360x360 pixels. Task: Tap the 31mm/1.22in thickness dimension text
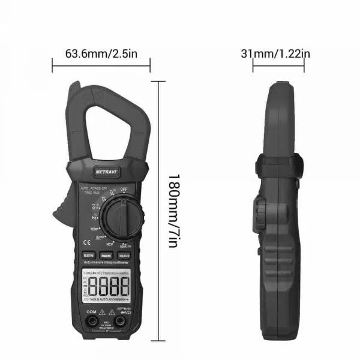click(x=275, y=54)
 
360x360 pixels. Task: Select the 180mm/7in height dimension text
click(x=172, y=211)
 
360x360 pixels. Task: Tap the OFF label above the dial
click(x=124, y=190)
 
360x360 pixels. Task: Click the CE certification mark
click(x=85, y=244)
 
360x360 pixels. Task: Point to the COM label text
click(x=91, y=312)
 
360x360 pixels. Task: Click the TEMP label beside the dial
click(x=95, y=229)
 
